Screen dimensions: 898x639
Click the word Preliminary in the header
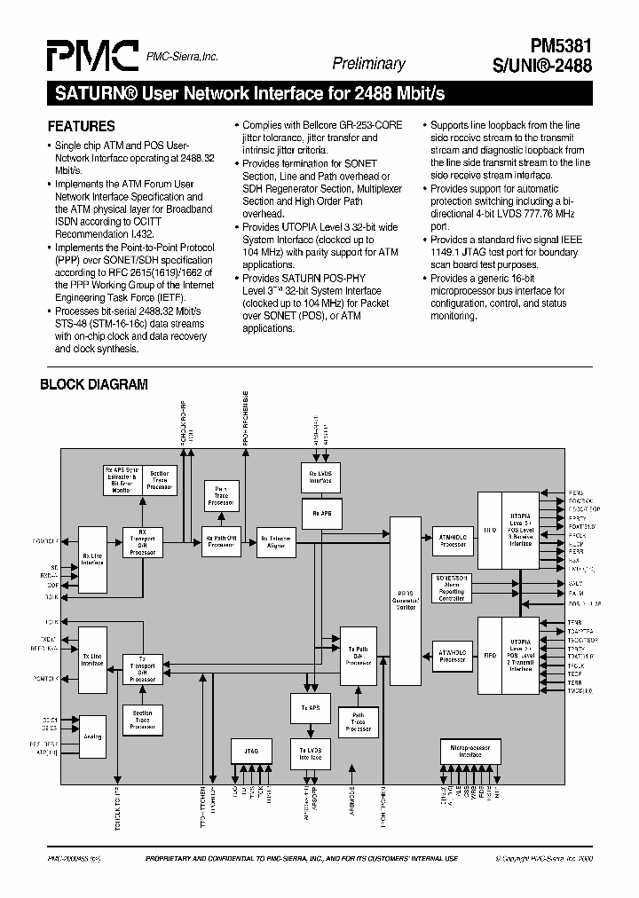click(368, 63)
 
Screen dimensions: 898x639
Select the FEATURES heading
click(81, 126)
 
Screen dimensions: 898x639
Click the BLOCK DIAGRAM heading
click(94, 385)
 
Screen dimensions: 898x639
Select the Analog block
click(92, 737)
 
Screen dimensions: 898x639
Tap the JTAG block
click(251, 750)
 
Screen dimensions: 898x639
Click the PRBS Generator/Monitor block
click(405, 601)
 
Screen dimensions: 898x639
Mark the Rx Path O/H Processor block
click(220, 542)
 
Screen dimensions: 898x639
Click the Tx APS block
click(310, 707)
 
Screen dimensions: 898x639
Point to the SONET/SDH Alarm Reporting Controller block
click(453, 587)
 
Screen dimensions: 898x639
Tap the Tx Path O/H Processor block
click(359, 656)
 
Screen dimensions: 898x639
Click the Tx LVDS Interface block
click(310, 754)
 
